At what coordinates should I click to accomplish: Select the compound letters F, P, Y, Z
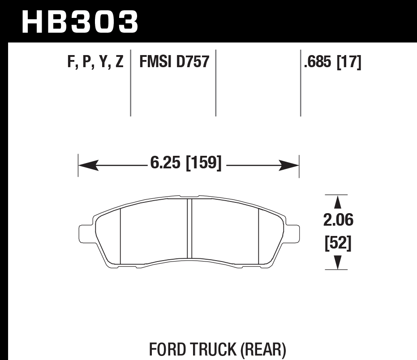pos(95,61)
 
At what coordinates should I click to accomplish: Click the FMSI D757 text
pos(174,61)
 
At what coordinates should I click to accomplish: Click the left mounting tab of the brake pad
pos(85,233)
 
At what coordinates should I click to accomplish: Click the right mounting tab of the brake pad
pos(292,233)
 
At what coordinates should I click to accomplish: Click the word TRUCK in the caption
pos(207,349)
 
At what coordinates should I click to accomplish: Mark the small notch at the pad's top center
pos(189,196)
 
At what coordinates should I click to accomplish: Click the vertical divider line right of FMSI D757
pos(216,83)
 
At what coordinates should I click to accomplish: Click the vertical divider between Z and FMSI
pos(130,83)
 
